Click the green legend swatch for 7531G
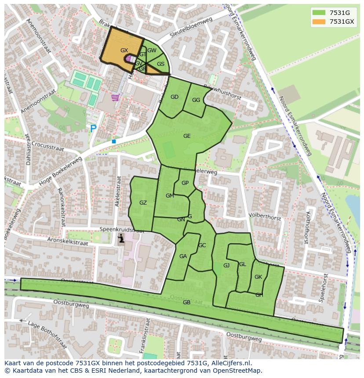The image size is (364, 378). [319, 13]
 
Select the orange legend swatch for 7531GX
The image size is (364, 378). [319, 22]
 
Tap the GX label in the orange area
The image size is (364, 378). [124, 50]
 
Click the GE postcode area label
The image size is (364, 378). [187, 136]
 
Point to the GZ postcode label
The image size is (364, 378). [143, 202]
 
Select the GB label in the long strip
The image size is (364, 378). [186, 302]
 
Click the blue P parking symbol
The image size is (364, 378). [93, 129]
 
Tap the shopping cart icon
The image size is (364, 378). [115, 97]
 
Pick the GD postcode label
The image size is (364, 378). [175, 97]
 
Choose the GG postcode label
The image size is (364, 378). [196, 100]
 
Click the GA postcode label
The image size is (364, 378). [183, 256]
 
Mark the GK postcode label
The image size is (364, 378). [258, 277]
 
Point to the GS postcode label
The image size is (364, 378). [160, 64]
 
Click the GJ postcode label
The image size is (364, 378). [226, 266]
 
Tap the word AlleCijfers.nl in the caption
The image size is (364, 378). [230, 363]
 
